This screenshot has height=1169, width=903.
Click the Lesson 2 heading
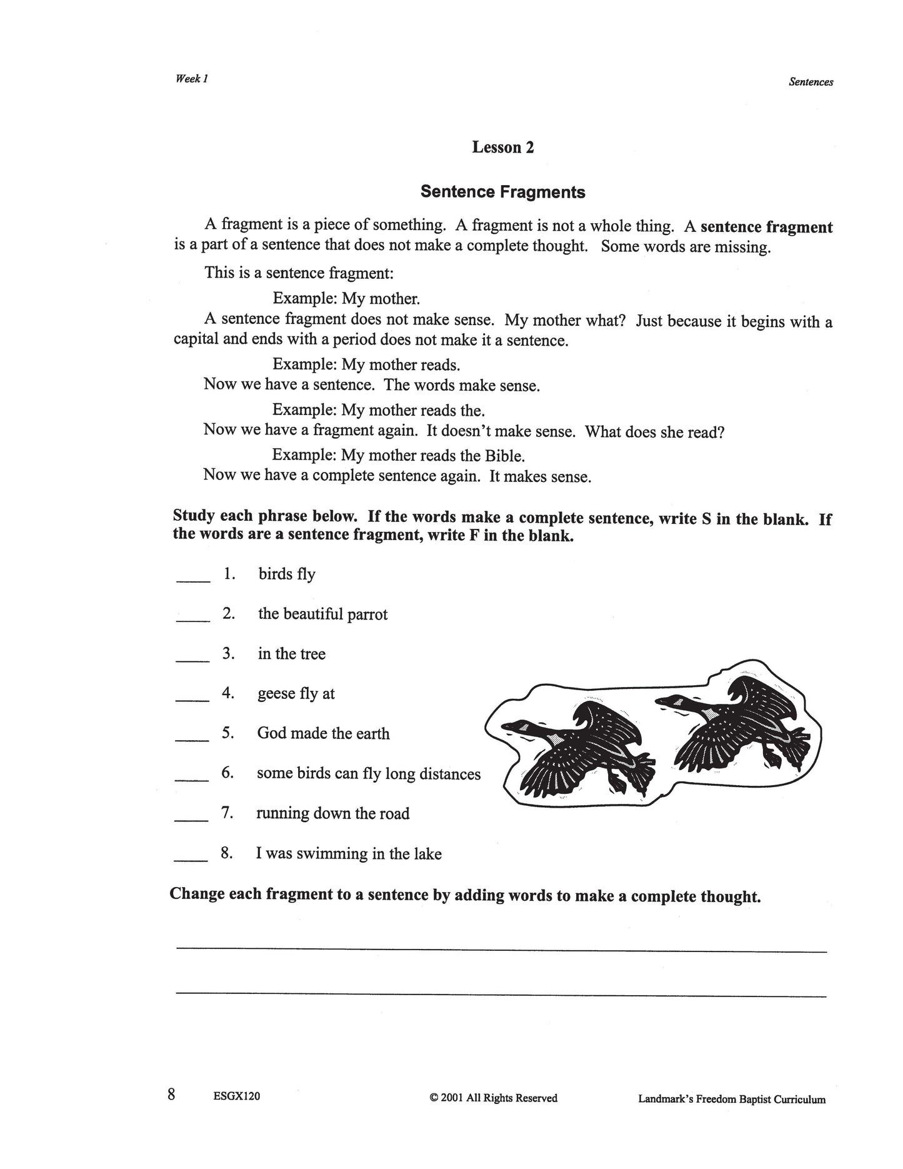click(503, 148)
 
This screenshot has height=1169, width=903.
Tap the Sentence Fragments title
click(502, 192)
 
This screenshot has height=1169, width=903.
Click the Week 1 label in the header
click(191, 79)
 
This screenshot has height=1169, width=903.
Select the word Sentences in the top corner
click(811, 82)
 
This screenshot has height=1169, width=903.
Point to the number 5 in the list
click(227, 733)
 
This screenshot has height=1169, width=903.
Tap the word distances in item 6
click(450, 775)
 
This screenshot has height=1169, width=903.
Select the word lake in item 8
click(427, 854)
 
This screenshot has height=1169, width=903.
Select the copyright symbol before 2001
click(434, 1098)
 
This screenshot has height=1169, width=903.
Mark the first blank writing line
click(501, 949)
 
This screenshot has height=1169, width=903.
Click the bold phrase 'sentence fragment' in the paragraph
click(766, 227)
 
